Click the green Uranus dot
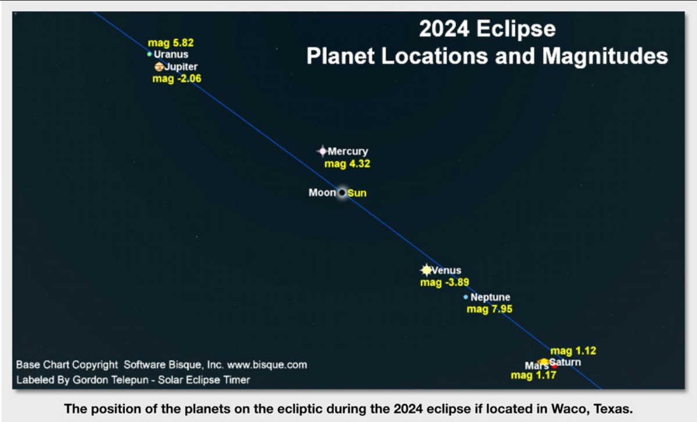(149, 54)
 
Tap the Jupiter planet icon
(159, 67)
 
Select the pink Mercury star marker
(323, 151)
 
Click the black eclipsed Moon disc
(342, 193)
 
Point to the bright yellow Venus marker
(426, 270)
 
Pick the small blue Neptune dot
(465, 297)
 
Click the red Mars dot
(554, 366)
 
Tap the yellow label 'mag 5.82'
(171, 42)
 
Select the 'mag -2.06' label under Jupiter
(177, 78)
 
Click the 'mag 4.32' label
(347, 164)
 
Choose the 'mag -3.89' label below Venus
(445, 282)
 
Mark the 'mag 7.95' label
(490, 309)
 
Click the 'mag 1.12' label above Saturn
(573, 351)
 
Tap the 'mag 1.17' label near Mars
(534, 376)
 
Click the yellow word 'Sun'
(357, 193)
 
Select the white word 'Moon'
(322, 193)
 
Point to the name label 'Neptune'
(490, 297)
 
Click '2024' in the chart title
(444, 28)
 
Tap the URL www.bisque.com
(267, 365)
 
